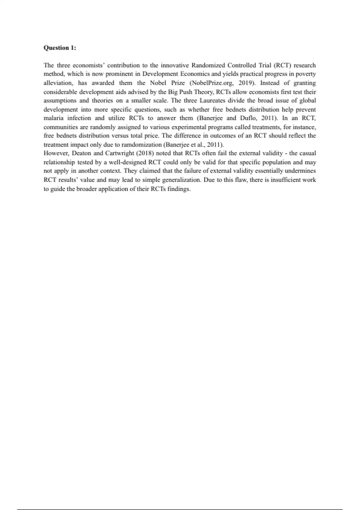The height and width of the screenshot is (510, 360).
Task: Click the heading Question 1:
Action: pyautogui.click(x=60, y=48)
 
